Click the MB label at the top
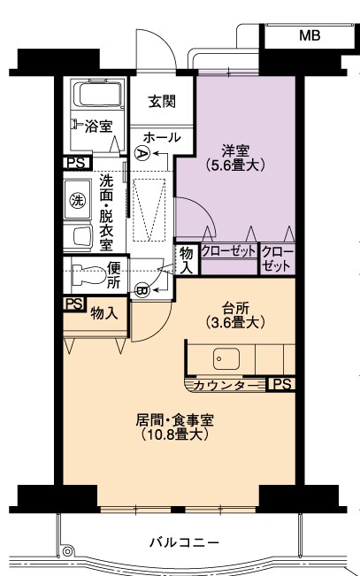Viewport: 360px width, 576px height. (x=310, y=35)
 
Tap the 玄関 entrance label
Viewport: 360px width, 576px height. (x=162, y=102)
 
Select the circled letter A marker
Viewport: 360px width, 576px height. (x=141, y=152)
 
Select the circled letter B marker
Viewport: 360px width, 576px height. (x=141, y=290)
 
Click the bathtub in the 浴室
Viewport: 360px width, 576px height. (x=97, y=94)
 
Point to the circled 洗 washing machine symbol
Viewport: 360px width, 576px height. (x=78, y=201)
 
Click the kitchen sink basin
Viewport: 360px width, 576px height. (x=226, y=359)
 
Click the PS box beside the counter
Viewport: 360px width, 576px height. (x=282, y=384)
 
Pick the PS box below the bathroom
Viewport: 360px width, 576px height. (x=77, y=163)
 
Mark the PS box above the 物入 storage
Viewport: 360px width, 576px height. (x=74, y=304)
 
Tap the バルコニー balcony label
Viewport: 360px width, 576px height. (x=184, y=541)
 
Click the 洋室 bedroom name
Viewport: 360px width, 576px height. (x=235, y=150)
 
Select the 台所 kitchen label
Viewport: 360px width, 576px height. (x=235, y=308)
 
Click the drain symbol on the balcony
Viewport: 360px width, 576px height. (x=67, y=551)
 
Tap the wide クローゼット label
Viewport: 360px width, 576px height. (x=228, y=251)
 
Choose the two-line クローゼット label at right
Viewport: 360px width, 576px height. (x=278, y=258)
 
